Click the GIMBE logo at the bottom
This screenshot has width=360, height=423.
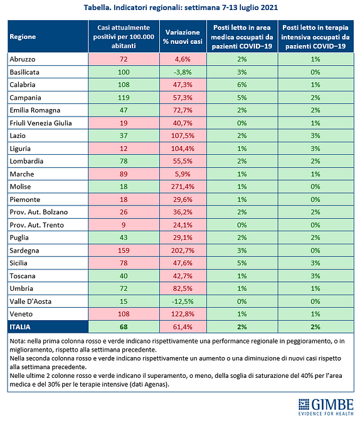tap(326, 407)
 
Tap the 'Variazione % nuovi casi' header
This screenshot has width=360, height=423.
tap(183, 36)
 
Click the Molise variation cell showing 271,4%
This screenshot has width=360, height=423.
tap(183, 187)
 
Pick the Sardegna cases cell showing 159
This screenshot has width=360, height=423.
tap(124, 251)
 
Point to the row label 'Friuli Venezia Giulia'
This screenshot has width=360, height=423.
tap(41, 123)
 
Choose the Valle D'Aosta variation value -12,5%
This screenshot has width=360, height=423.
tap(183, 301)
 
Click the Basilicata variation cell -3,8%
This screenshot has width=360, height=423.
tap(183, 72)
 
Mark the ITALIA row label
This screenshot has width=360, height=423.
tap(20, 327)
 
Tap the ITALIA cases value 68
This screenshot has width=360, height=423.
tap(124, 327)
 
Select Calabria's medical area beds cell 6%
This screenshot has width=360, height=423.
tap(242, 85)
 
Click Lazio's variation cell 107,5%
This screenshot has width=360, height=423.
tap(183, 136)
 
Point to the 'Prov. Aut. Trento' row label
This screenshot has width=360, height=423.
tap(37, 225)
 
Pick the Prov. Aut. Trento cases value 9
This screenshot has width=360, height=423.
tap(124, 225)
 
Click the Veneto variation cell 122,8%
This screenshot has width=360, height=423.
tap(183, 314)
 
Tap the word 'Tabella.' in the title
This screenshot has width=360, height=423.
tap(97, 8)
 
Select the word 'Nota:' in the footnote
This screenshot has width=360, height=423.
tap(18, 341)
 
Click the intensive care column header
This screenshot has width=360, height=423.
tap(315, 36)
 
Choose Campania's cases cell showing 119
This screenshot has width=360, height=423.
tap(124, 98)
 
